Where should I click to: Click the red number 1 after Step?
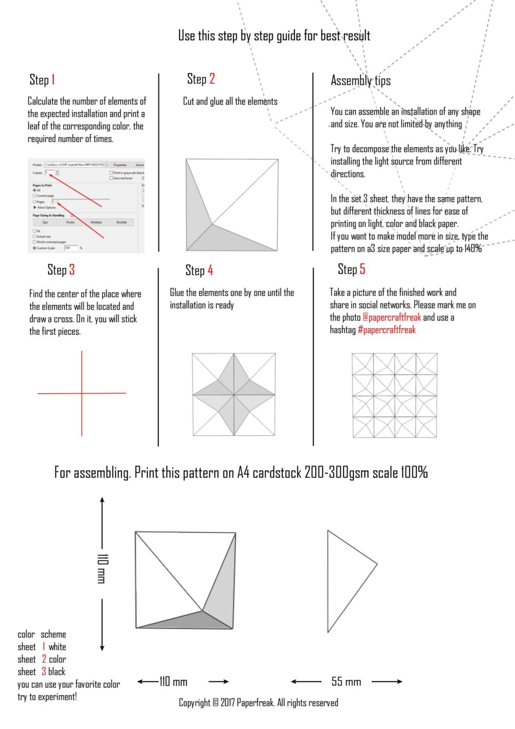click(53, 80)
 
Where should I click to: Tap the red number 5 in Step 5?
click(362, 269)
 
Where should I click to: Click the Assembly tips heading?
click(361, 81)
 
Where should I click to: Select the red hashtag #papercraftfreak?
click(387, 330)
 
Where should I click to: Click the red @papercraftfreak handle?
click(392, 318)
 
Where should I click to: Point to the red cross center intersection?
click(82, 393)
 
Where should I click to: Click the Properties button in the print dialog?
click(120, 165)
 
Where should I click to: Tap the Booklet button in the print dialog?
click(122, 222)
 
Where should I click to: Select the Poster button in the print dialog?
click(70, 222)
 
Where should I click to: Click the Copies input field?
click(50, 173)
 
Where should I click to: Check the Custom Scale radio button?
click(35, 248)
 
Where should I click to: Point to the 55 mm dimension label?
click(346, 682)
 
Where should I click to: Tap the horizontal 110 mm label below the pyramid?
click(174, 682)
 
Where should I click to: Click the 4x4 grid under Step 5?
click(394, 395)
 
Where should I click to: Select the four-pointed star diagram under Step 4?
click(234, 395)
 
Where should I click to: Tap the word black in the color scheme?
click(57, 672)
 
